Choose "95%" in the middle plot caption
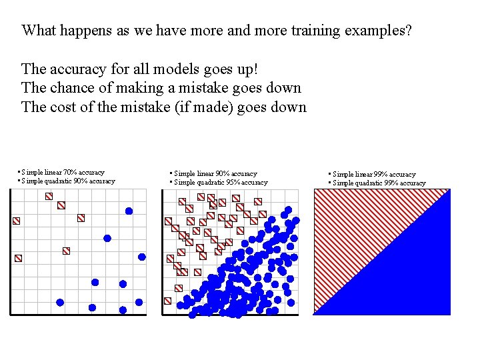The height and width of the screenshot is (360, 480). click(x=231, y=183)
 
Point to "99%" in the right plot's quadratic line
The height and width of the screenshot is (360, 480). click(x=391, y=183)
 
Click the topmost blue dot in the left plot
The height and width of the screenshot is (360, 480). click(x=129, y=211)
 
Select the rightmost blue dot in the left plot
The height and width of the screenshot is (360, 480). click(x=142, y=257)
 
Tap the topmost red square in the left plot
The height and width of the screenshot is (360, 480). click(x=49, y=196)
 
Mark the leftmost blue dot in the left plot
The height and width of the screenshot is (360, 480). click(x=60, y=302)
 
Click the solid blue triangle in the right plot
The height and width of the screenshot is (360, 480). click(x=413, y=273)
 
